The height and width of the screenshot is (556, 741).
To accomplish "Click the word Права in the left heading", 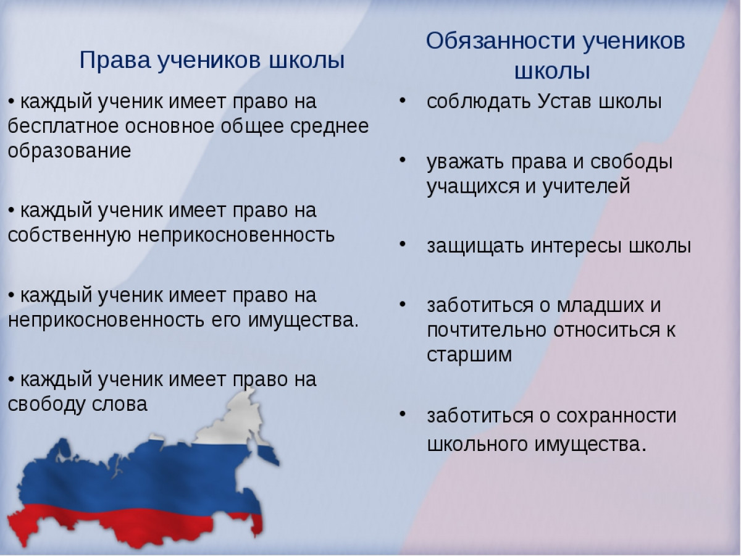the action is pos(115,61).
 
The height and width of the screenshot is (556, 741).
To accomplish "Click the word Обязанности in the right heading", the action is pos(501,42).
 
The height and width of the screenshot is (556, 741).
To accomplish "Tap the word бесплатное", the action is pos(63,127).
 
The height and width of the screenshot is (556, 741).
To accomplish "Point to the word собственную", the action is pos(69,235).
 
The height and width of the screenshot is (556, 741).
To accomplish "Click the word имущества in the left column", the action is pos(302,321).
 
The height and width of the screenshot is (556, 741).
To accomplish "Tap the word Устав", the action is pos(564,101).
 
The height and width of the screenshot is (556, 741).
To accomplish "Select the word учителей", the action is pos(587,187).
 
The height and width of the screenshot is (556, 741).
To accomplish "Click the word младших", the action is pos(600,306).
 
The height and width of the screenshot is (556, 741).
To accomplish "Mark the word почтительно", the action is pos(487,331).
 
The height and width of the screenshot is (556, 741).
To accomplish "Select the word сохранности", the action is pos(616,416).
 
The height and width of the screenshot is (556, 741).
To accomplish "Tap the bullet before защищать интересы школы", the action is pos(403,245).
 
